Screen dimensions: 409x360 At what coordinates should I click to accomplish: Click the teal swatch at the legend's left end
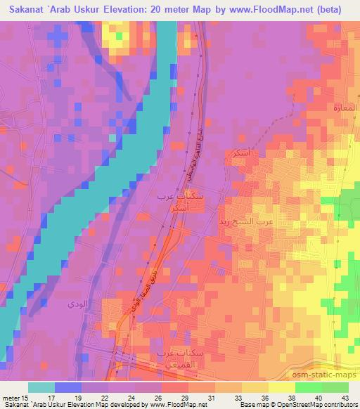point(41,387)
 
